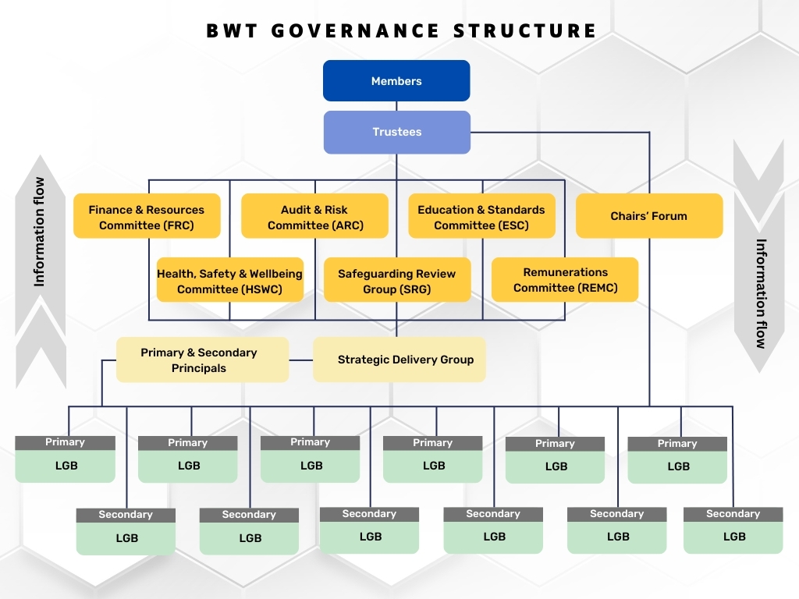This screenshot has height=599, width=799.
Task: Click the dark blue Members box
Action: [396, 81]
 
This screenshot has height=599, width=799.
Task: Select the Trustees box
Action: [396, 132]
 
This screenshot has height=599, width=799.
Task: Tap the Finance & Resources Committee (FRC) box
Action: [147, 217]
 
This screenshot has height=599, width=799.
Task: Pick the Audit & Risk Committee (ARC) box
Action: [314, 217]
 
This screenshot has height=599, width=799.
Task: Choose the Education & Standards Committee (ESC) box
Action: [481, 217]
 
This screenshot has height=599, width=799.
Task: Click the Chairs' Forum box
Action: [649, 216]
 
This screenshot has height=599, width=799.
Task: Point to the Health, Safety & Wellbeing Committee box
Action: [229, 281]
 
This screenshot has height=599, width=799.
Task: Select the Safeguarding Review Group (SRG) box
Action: [396, 281]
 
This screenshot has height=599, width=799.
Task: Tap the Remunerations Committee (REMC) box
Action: [565, 280]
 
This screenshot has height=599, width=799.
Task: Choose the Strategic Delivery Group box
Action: [399, 360]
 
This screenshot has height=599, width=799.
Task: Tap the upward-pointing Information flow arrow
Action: [41, 265]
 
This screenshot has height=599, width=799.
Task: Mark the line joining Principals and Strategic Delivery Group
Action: [300, 360]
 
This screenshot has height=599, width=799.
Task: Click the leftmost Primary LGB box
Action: [66, 459]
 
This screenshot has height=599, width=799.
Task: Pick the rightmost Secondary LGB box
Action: [733, 530]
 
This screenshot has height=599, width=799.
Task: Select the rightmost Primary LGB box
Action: [677, 460]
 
